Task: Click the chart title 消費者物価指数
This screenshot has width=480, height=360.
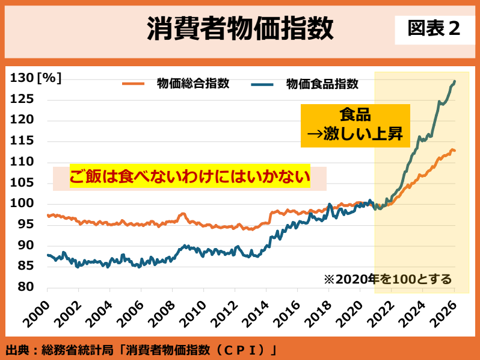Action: tap(240, 29)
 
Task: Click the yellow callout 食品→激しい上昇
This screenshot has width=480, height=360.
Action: tap(355, 126)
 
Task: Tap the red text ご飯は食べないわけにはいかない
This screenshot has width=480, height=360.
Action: tap(189, 178)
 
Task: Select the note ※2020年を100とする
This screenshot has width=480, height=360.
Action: tap(387, 279)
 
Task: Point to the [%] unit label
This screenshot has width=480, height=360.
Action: tap(49, 78)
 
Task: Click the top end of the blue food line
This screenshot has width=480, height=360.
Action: tap(454, 81)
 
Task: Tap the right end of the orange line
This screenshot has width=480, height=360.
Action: tap(455, 151)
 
